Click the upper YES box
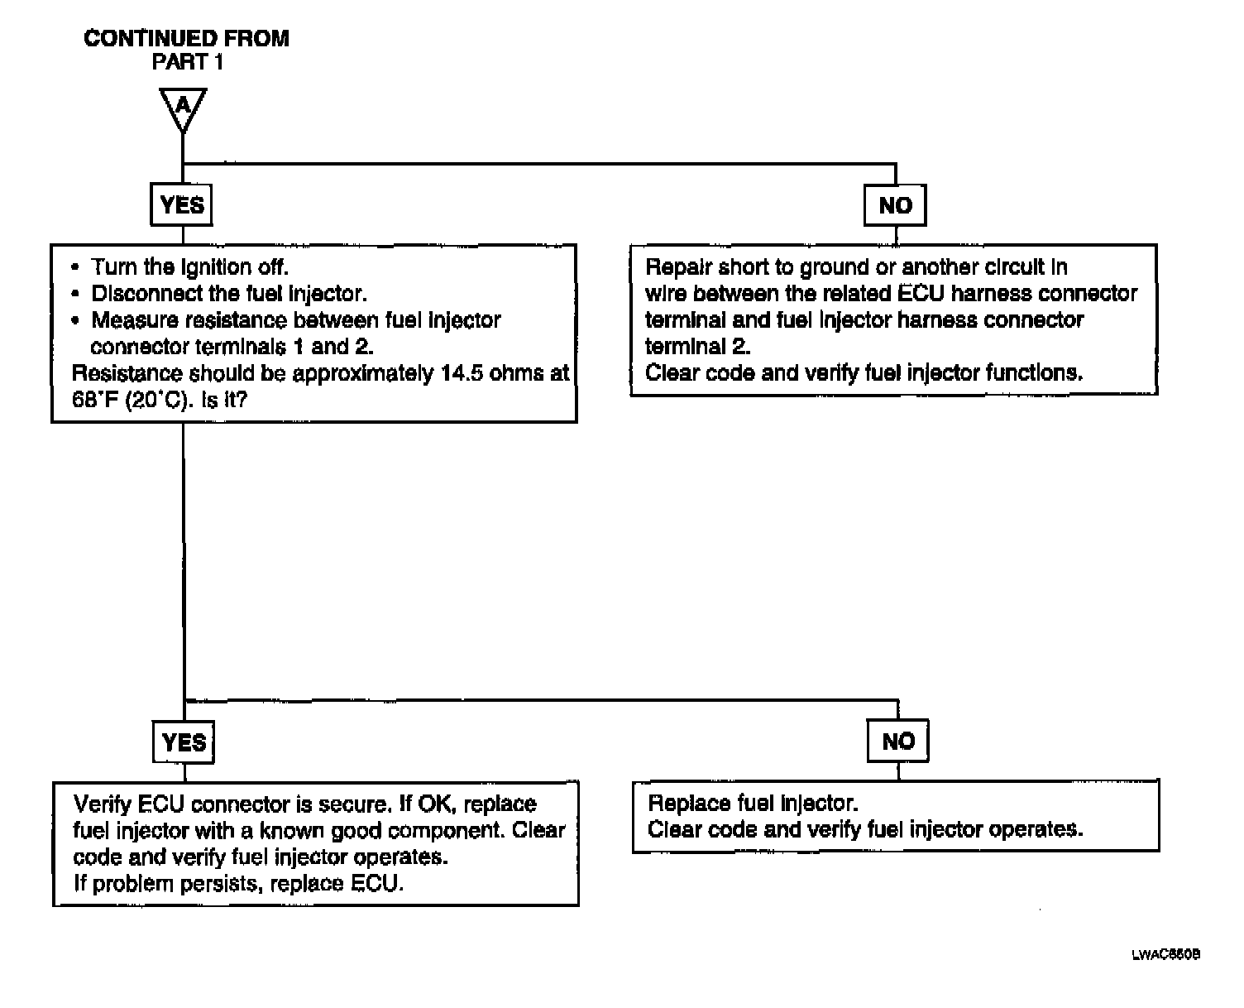[181, 204]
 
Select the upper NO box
[895, 205]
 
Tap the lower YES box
[184, 742]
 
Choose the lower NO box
[898, 742]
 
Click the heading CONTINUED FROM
[187, 39]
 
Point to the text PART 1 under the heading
[187, 62]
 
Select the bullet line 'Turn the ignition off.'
[189, 267]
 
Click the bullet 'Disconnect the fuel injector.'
[229, 294]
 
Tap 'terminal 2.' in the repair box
[697, 347]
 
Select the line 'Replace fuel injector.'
[753, 803]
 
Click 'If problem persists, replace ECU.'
[238, 883]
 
